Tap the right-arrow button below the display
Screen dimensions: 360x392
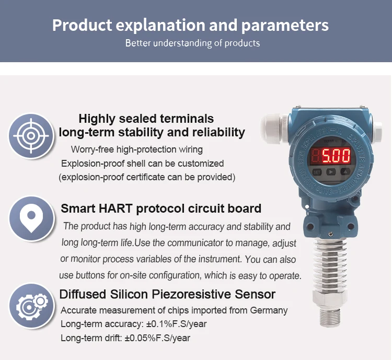point(331,171)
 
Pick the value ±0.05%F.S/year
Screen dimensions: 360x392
point(157,338)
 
